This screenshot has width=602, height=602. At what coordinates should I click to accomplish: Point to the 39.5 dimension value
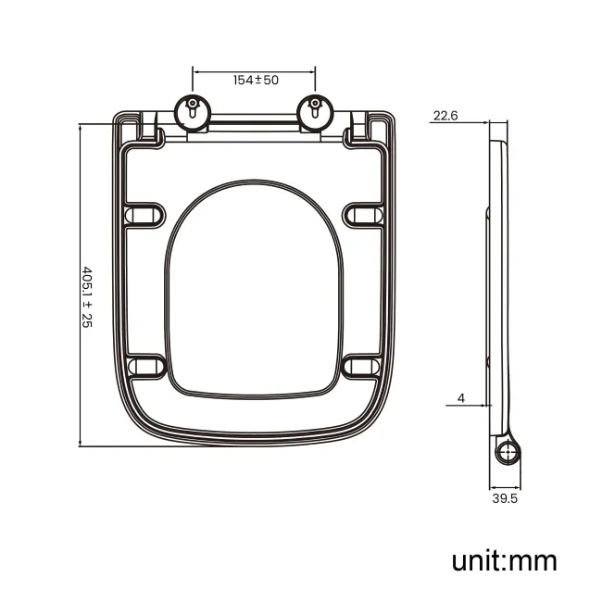pyautogui.click(x=505, y=498)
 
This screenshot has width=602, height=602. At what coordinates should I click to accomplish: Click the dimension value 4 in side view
pyautogui.click(x=460, y=398)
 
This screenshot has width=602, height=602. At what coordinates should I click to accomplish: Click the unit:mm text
pyautogui.click(x=505, y=560)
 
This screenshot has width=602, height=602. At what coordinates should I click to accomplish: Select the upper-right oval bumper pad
pyautogui.click(x=363, y=215)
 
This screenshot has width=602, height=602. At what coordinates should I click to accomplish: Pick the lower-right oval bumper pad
pyautogui.click(x=363, y=366)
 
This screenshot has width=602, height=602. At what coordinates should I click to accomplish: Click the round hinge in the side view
pyautogui.click(x=508, y=452)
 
